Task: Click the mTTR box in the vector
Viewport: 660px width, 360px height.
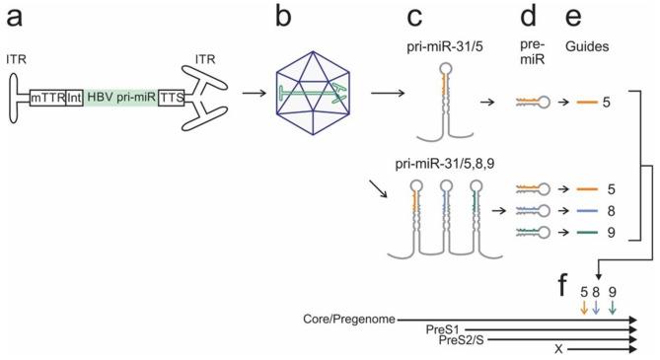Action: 46,100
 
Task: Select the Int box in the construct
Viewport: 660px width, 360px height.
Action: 74,100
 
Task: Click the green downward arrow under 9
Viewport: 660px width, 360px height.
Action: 613,309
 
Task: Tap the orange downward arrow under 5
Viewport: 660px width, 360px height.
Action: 584,309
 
